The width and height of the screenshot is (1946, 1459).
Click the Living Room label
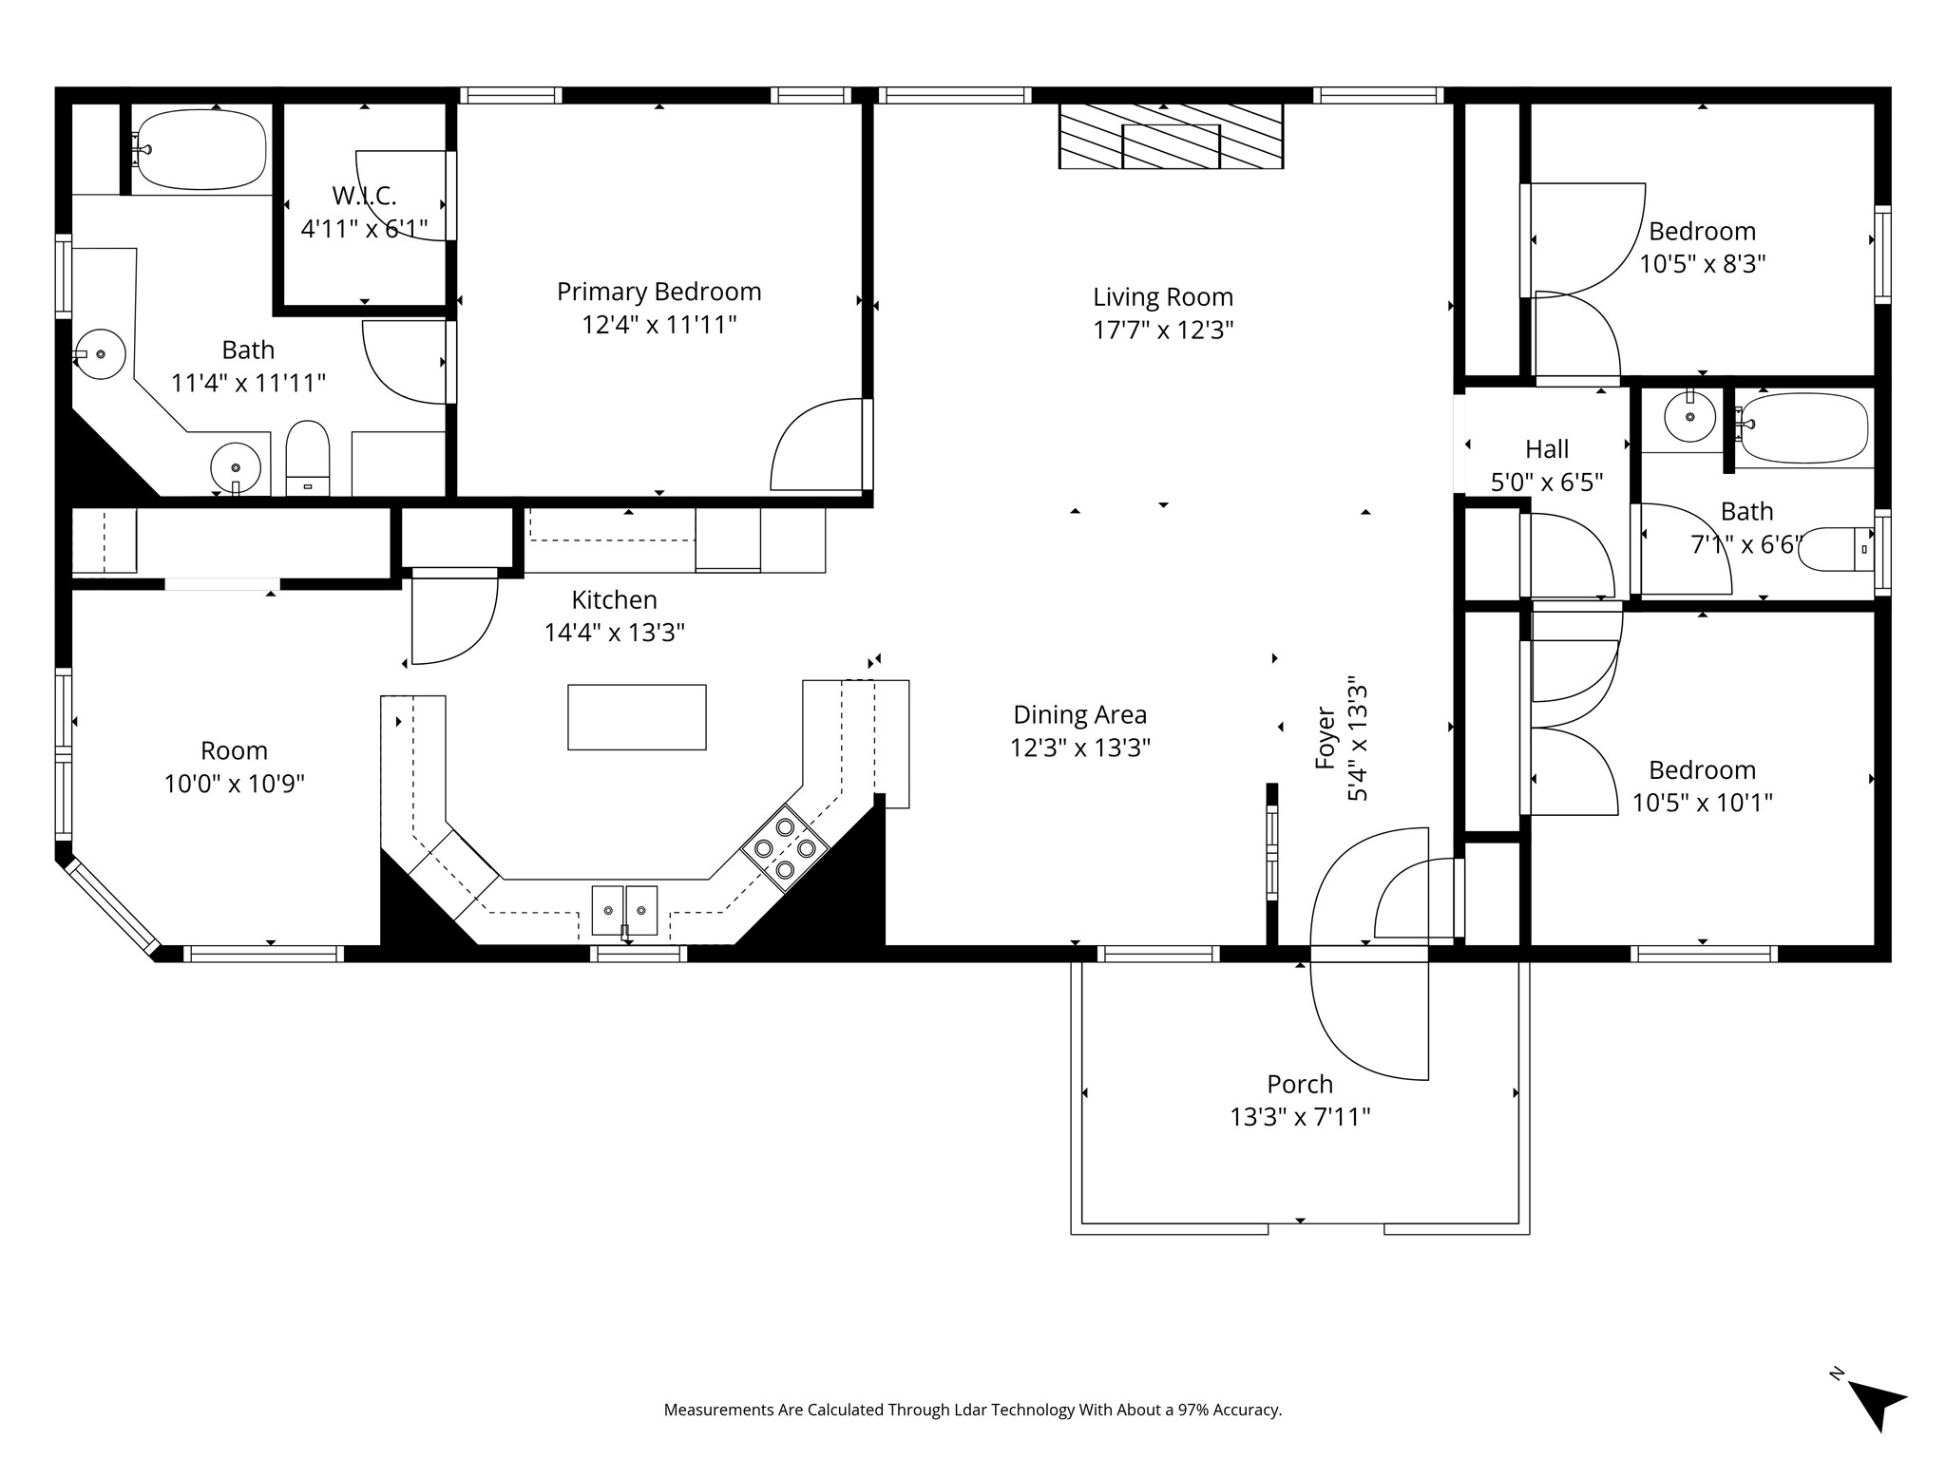[x=1163, y=297]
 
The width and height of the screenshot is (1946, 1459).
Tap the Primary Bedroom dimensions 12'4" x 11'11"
[x=659, y=325]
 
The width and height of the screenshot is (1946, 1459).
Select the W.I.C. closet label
[x=364, y=196]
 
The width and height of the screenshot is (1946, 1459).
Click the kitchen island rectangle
[x=637, y=717]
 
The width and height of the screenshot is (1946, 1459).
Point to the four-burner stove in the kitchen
[x=785, y=846]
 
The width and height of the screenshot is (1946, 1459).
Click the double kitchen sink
[x=624, y=910]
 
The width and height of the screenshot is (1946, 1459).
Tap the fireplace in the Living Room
[x=1171, y=137]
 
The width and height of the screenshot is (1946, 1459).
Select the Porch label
[x=1300, y=1084]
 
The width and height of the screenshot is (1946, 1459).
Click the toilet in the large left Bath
[x=307, y=458]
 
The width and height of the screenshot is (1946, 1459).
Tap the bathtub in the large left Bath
[x=199, y=150]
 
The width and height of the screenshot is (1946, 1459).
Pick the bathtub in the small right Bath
[x=1803, y=428]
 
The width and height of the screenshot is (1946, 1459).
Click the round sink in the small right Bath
[x=1689, y=416]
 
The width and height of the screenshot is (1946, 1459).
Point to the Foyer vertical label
[x=1326, y=737]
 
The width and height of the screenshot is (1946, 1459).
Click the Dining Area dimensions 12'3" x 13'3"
[x=1080, y=748]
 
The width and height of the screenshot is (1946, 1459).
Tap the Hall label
[x=1547, y=448]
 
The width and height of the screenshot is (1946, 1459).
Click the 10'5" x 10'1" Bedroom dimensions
[x=1703, y=803]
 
